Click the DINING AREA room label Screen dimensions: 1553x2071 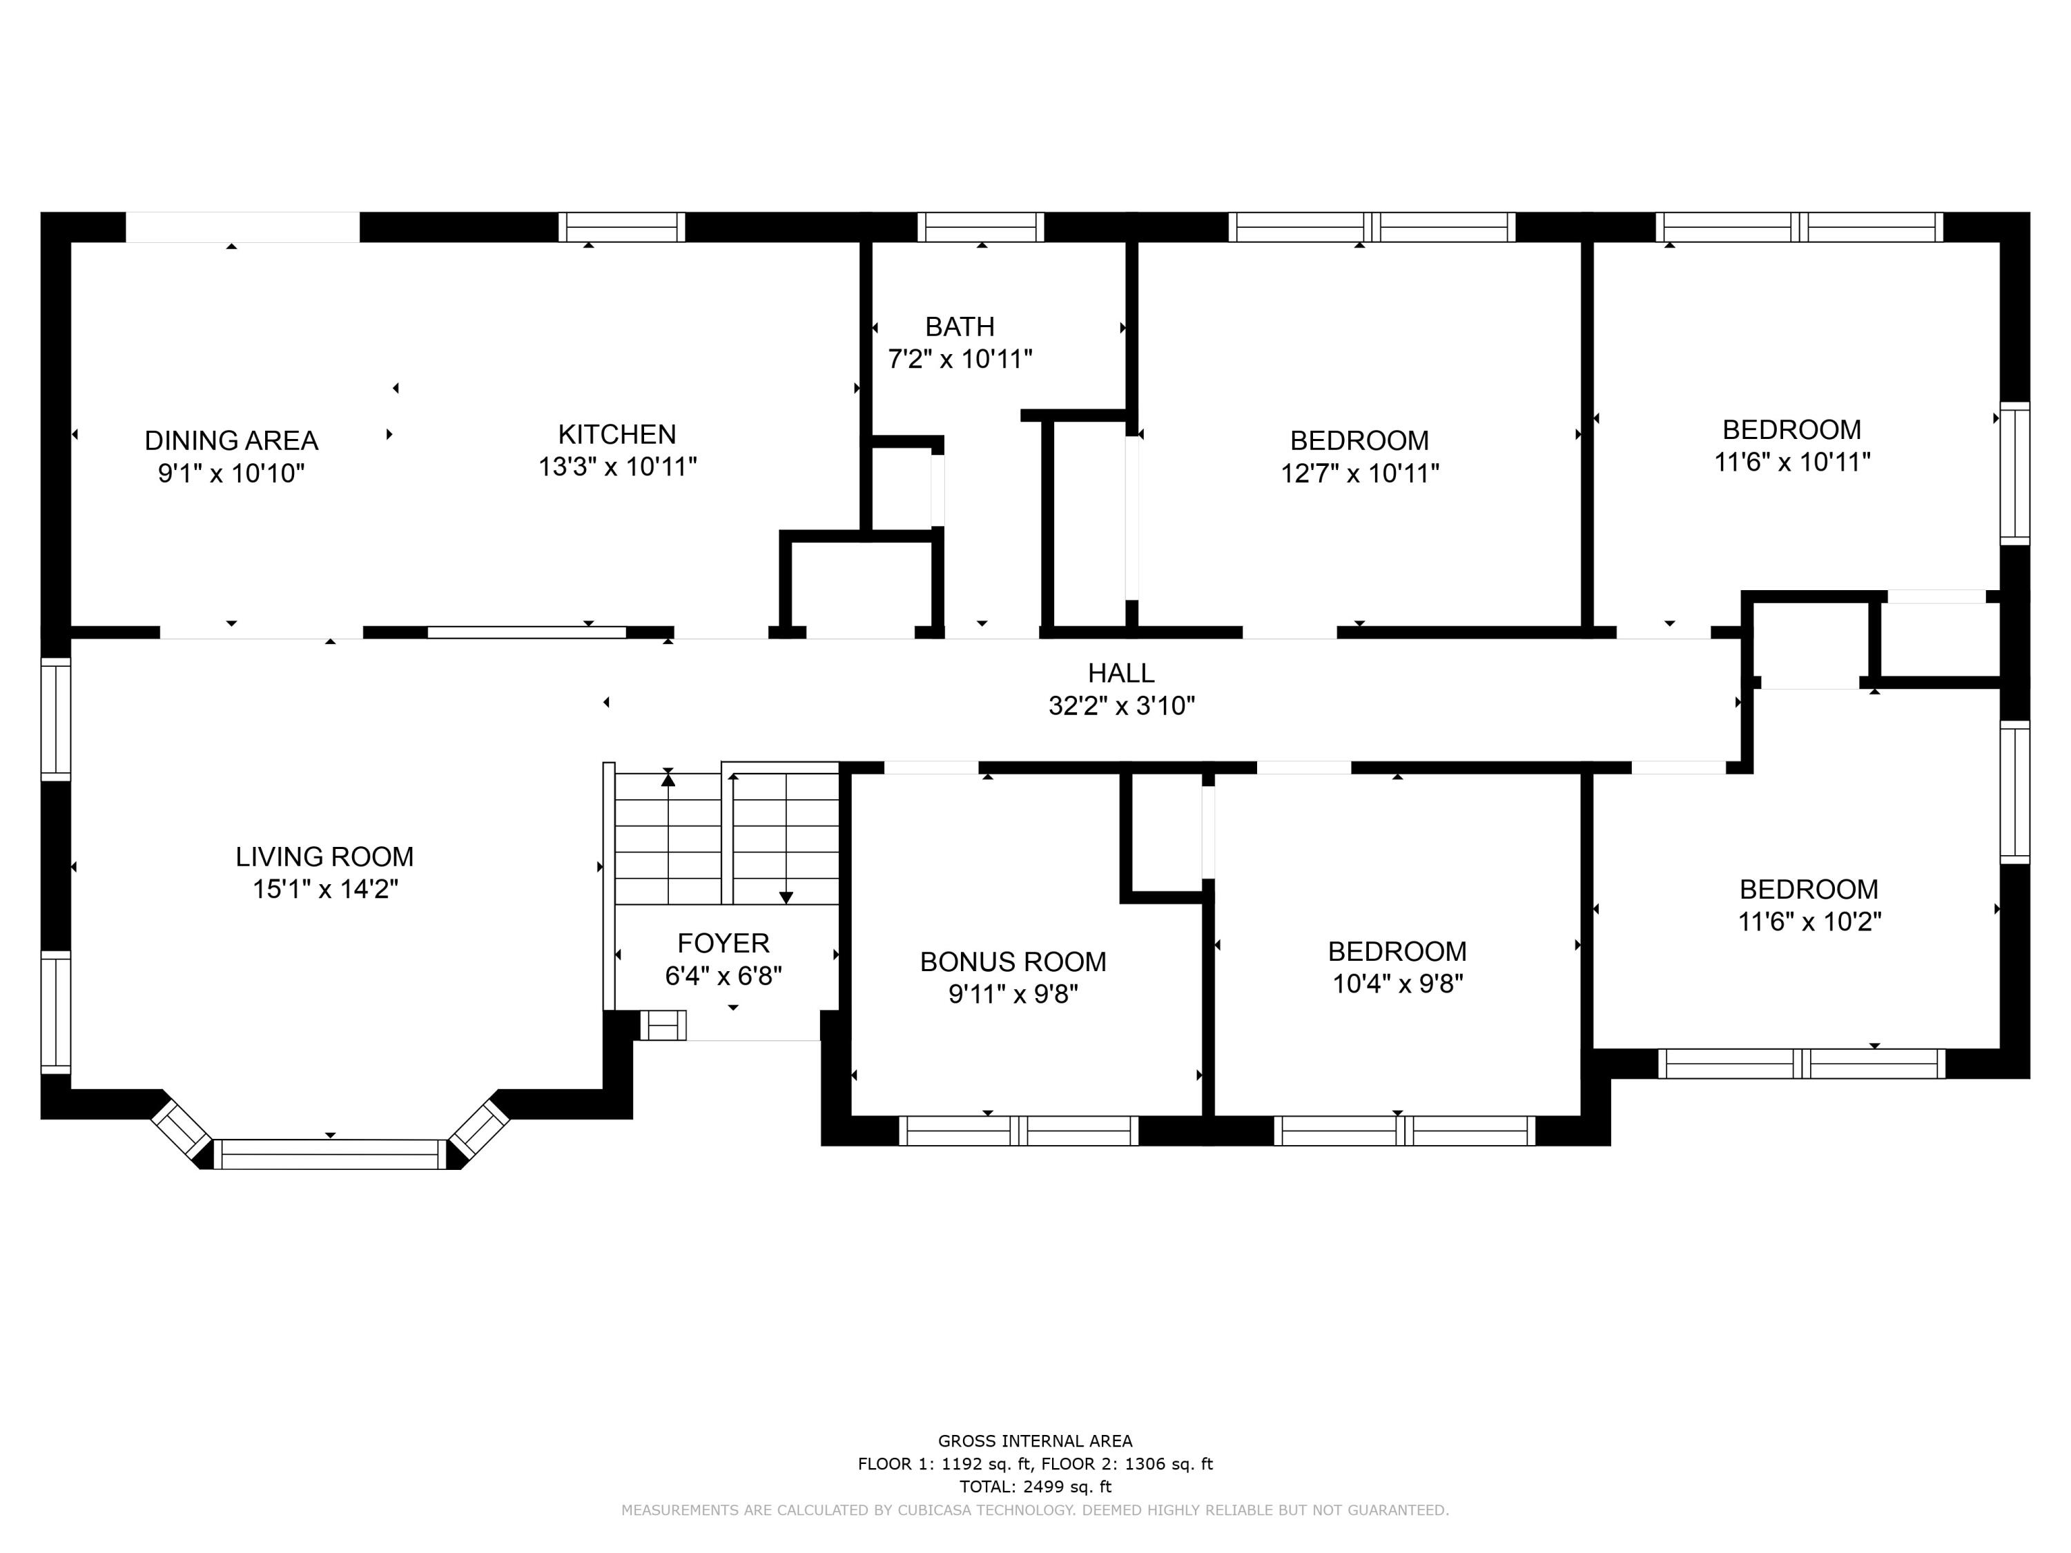[231, 440]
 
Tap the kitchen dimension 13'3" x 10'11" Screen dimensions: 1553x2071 [617, 466]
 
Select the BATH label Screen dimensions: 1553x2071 [960, 326]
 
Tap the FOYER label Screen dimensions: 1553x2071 [723, 943]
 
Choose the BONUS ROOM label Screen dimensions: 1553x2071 [1013, 961]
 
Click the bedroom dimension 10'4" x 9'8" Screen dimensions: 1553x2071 [1397, 984]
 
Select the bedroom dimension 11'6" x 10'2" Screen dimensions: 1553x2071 [1809, 922]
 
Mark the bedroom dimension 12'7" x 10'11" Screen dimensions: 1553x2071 [1359, 473]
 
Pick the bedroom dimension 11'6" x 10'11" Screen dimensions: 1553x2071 [1791, 462]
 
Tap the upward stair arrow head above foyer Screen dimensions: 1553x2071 [668, 778]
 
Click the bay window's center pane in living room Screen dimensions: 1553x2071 [329, 1154]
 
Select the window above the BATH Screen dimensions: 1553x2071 [980, 226]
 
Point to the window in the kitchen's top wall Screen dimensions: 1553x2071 [622, 226]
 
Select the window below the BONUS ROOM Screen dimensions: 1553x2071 [1019, 1131]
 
